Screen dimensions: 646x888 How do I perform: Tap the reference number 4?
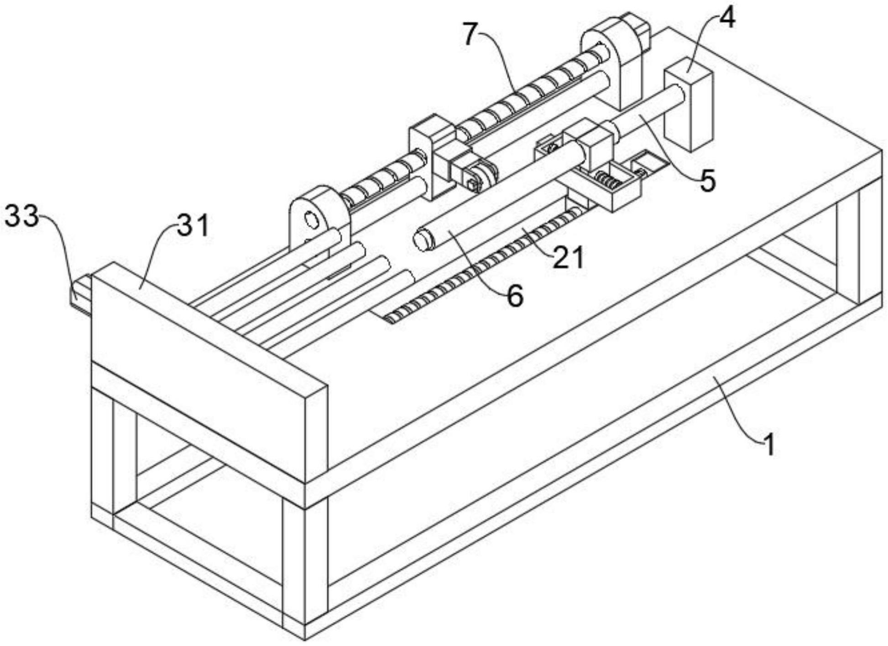coord(727,19)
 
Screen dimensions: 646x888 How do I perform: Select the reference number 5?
coord(707,181)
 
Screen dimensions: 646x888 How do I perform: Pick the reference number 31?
coord(193,225)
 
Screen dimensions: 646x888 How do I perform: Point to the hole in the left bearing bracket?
coord(312,220)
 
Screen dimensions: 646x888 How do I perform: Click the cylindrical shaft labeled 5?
coord(648,114)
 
